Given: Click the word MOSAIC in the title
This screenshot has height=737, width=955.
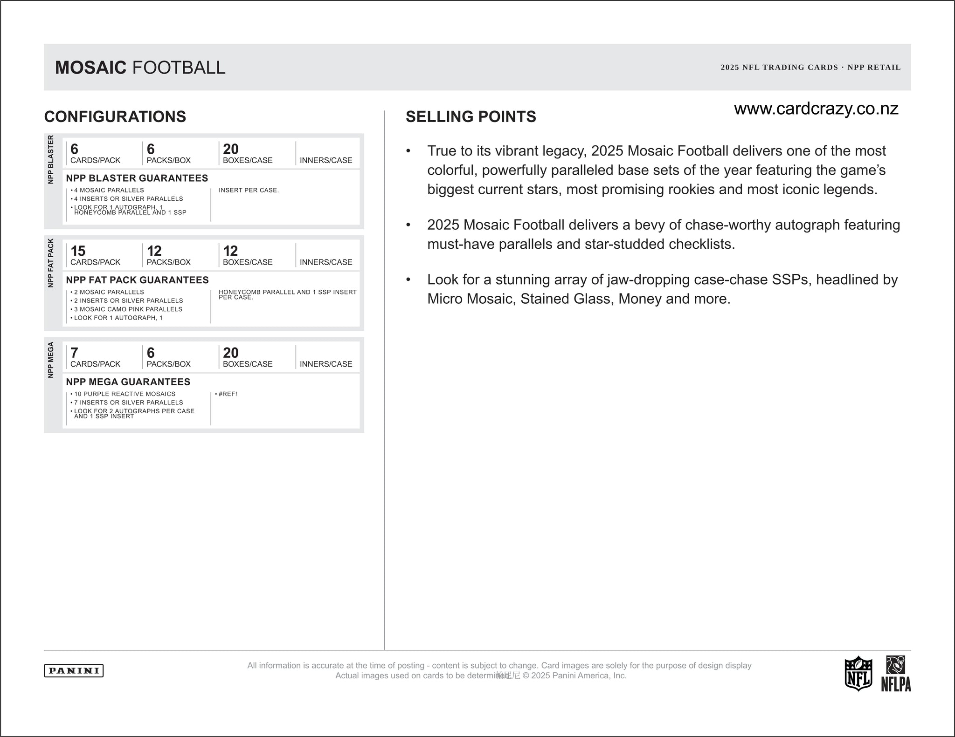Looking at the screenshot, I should pos(90,68).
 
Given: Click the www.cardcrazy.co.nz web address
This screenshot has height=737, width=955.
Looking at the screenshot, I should pos(816,109).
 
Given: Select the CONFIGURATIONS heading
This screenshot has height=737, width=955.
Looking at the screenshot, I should pos(115,116).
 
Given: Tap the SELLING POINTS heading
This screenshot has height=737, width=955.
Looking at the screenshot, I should pos(471,116).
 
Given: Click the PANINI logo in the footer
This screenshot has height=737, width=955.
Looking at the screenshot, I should pos(74,670).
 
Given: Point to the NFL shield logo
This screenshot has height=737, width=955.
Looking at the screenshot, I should pos(858,673).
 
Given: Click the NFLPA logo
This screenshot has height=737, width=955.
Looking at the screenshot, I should pos(896,674).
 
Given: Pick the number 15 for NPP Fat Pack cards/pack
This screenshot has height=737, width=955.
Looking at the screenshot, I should pos(78,251).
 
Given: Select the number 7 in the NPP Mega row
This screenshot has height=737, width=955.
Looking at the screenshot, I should pos(74,353).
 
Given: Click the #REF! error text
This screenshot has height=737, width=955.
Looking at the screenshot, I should pos(228,394).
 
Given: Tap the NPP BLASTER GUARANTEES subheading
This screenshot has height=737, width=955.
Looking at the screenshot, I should pos(137,178).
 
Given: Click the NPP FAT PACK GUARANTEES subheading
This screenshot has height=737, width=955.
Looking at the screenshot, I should pos(137,280).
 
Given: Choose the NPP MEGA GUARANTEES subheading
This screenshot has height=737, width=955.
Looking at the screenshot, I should pos(128,382).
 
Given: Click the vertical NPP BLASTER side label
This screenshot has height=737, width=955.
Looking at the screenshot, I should pos(51,159).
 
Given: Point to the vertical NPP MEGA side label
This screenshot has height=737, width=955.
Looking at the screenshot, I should pos(51,360).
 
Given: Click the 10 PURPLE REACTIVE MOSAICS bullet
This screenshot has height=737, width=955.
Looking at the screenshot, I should pos(125,394).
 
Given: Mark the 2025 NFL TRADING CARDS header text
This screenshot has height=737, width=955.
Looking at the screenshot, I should pos(779,68).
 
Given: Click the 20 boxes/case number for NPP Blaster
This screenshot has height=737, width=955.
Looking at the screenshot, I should pos(231,149).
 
